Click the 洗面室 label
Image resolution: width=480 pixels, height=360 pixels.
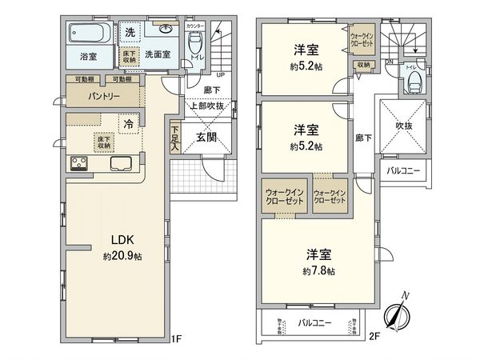158,55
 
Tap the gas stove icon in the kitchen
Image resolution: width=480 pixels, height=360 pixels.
81,165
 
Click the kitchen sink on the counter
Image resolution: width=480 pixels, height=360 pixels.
121,165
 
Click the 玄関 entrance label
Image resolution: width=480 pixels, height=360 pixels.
207,137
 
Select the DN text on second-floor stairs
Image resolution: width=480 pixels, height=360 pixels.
389,62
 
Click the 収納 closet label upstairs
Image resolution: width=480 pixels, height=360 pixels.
363,64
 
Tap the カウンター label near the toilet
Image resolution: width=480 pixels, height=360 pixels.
194,26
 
